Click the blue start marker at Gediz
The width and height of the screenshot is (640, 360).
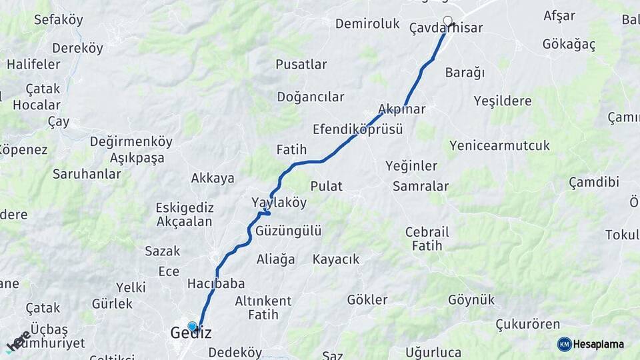[193, 326]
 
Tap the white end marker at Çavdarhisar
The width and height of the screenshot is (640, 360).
[448, 21]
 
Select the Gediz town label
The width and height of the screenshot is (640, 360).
[191, 333]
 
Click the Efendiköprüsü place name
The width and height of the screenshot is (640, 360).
[357, 129]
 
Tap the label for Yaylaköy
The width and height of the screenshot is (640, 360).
[279, 202]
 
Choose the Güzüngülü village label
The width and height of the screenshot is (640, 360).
[288, 231]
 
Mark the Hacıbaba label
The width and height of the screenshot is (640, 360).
[215, 283]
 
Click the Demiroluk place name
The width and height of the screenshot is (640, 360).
[367, 24]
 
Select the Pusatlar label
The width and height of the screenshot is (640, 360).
[301, 65]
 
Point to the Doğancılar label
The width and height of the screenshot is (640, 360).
[311, 97]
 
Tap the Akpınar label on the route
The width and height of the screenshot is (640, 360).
[401, 109]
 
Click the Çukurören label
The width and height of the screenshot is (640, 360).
[527, 325]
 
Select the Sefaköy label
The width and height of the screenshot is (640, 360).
[59, 20]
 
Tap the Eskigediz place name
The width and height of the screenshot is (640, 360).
[183, 207]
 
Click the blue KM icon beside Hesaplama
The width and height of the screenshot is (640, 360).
[565, 344]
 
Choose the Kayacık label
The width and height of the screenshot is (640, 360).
[335, 259]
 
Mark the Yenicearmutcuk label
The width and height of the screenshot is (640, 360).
[499, 145]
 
